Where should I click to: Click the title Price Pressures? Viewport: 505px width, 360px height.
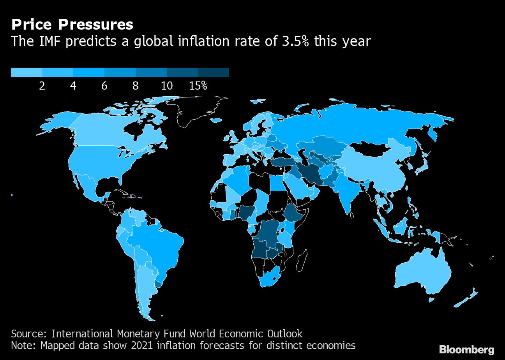72,25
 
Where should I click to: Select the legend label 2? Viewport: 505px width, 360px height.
42,86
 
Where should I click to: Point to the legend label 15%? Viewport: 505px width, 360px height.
198,86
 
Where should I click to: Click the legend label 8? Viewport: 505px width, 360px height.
136,86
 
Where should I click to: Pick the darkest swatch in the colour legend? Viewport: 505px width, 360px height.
214,72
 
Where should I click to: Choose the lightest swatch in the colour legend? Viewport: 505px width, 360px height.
26,72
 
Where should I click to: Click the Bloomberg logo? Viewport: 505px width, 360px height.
466,349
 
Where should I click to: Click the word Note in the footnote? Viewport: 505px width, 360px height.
23,346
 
